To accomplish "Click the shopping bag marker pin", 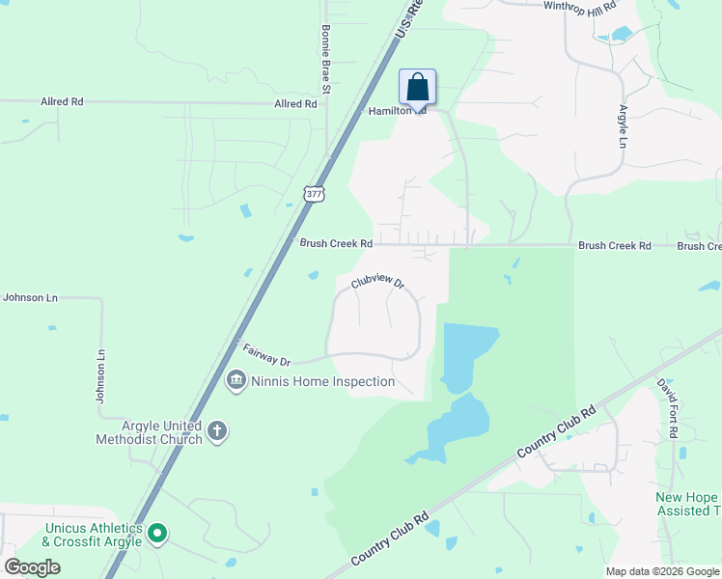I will (x=417, y=87).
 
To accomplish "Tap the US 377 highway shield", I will (x=314, y=194).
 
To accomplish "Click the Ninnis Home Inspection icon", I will (x=236, y=382).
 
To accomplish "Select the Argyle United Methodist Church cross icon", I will (x=217, y=431).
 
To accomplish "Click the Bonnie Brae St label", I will (x=326, y=59).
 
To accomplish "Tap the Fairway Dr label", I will (x=266, y=355).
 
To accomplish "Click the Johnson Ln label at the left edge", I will (x=30, y=298).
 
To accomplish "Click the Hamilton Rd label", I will (x=397, y=112).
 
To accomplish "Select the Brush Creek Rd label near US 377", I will (x=336, y=244).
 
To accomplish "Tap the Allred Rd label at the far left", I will (x=62, y=101).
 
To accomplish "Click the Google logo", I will (x=32, y=566).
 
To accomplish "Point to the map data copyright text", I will (x=661, y=571).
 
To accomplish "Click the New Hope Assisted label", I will (x=688, y=504).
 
